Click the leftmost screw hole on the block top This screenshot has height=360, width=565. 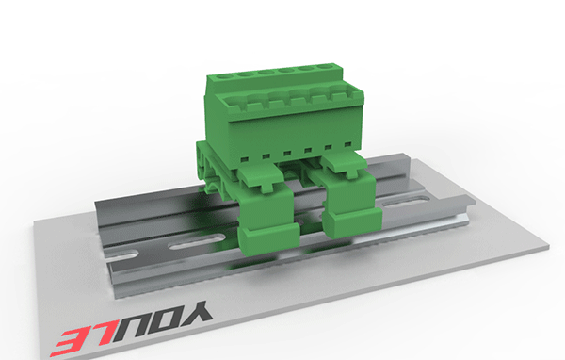[225, 76]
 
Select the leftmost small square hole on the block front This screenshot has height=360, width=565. [245, 158]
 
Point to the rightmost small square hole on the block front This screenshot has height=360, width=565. [347, 144]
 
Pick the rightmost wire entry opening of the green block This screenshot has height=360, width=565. [355, 93]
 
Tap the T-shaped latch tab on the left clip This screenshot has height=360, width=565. [266, 186]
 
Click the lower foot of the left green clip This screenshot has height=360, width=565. [269, 238]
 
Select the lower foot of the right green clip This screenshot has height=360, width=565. [352, 223]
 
